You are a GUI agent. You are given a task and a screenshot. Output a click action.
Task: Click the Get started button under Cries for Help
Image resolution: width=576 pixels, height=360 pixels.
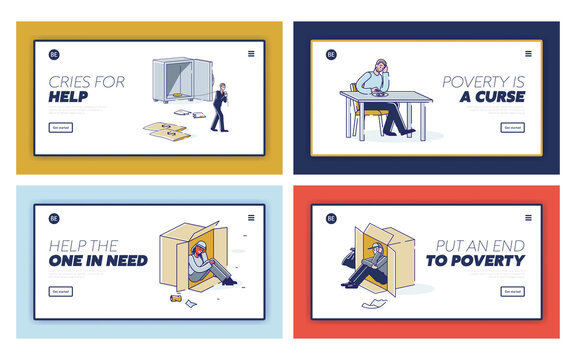coord(61,127)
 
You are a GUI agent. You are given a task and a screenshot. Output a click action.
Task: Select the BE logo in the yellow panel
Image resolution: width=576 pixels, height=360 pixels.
coord(54,54)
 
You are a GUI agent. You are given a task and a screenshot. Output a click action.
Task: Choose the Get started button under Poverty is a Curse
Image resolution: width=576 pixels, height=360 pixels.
coord(512,127)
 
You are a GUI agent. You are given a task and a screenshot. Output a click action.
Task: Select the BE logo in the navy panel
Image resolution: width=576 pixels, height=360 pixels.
coord(331,54)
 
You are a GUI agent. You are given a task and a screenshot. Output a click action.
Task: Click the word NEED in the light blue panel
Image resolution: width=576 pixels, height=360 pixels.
coord(124,262)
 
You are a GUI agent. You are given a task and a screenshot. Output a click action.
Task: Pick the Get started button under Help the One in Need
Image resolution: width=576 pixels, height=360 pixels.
coord(61,292)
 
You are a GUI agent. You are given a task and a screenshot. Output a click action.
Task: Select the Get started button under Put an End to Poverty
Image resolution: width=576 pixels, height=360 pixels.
coord(512,292)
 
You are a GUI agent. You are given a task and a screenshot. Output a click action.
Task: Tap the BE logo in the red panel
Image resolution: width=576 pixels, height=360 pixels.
coord(331,219)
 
